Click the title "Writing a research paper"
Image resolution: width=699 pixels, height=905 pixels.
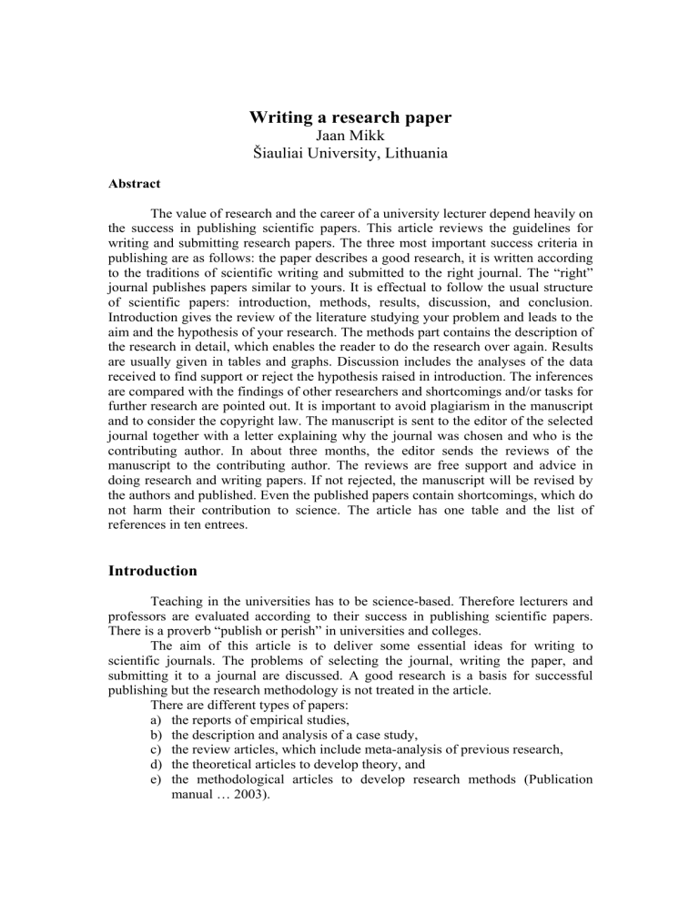click(349, 118)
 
